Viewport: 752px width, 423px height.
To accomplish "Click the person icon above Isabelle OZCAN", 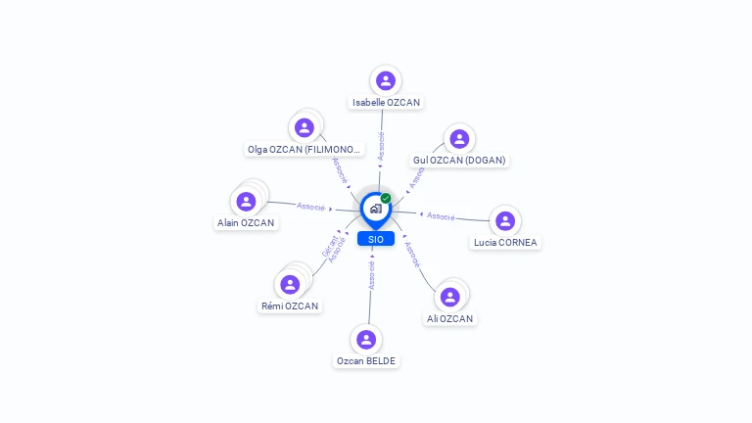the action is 386,80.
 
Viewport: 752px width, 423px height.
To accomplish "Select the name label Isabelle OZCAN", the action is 387,102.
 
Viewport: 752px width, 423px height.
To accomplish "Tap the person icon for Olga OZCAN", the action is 305,127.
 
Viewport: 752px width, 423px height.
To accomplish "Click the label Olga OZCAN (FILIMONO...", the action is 305,150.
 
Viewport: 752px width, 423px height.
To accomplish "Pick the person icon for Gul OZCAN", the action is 459,138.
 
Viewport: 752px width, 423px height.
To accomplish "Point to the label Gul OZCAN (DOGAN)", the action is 459,160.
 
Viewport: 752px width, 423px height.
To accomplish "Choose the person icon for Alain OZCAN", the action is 246,201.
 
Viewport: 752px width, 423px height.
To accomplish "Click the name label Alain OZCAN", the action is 246,222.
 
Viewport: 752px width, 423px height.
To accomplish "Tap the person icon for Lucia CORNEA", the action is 505,220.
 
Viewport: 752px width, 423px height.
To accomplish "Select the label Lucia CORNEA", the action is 505,242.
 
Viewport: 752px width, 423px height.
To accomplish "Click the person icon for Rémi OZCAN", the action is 290,284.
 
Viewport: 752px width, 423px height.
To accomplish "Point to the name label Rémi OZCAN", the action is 290,305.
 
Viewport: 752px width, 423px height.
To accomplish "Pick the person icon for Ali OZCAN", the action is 450,297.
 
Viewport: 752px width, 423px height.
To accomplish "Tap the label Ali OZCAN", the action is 450,318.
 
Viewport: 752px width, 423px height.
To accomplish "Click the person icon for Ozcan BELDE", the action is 366,339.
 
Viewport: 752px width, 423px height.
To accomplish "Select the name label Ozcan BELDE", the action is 366,360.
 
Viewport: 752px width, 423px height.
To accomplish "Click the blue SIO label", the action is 376,239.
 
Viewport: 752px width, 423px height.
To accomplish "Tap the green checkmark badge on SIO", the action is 386,199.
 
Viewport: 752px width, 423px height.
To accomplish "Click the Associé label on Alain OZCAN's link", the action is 310,206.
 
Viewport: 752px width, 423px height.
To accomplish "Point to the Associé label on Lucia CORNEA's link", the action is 441,215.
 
